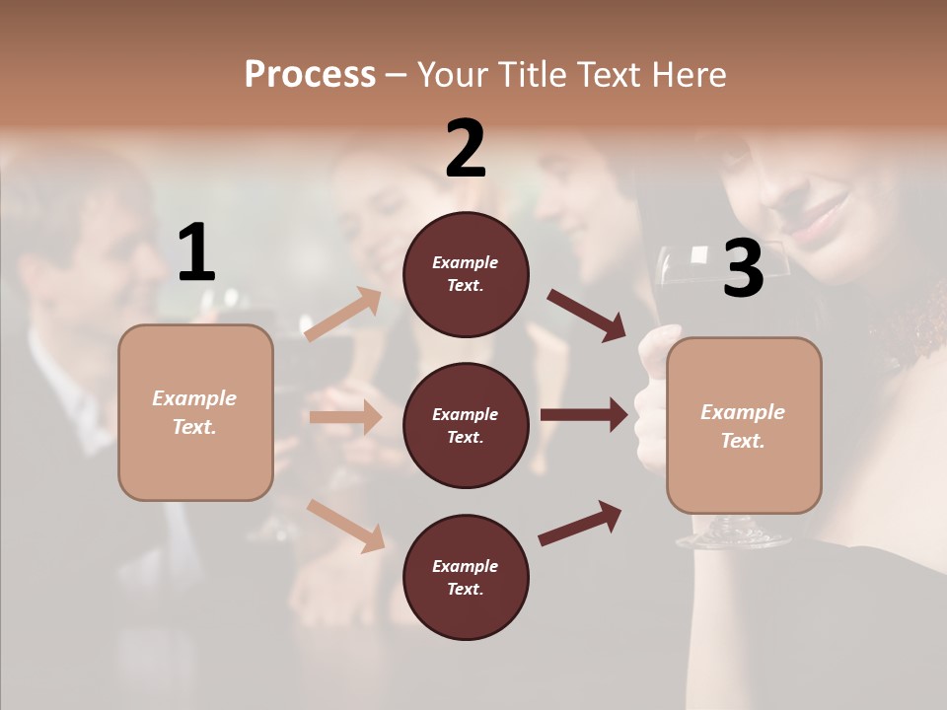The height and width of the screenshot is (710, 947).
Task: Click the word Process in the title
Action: click(x=310, y=75)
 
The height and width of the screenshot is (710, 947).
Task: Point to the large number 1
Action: click(x=196, y=253)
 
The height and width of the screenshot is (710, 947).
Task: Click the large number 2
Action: click(x=466, y=149)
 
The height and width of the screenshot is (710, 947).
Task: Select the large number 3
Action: click(x=743, y=269)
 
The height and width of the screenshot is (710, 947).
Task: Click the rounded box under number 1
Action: click(x=195, y=412)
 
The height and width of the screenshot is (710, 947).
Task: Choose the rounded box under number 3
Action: click(x=744, y=426)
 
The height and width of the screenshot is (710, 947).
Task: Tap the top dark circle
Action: click(x=466, y=274)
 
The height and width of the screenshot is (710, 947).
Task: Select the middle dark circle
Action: click(x=466, y=425)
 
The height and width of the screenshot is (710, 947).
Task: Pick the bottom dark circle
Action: click(x=466, y=577)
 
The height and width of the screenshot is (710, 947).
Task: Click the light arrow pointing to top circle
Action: click(x=343, y=315)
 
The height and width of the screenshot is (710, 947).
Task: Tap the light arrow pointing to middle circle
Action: click(x=345, y=417)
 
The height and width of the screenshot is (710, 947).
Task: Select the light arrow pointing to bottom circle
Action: click(x=345, y=525)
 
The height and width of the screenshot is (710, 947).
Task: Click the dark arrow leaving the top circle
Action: click(x=586, y=315)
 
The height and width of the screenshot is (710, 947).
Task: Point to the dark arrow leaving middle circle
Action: click(x=584, y=415)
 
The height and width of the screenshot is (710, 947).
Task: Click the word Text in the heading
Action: click(x=608, y=75)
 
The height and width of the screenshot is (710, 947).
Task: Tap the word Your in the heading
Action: click(x=453, y=75)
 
